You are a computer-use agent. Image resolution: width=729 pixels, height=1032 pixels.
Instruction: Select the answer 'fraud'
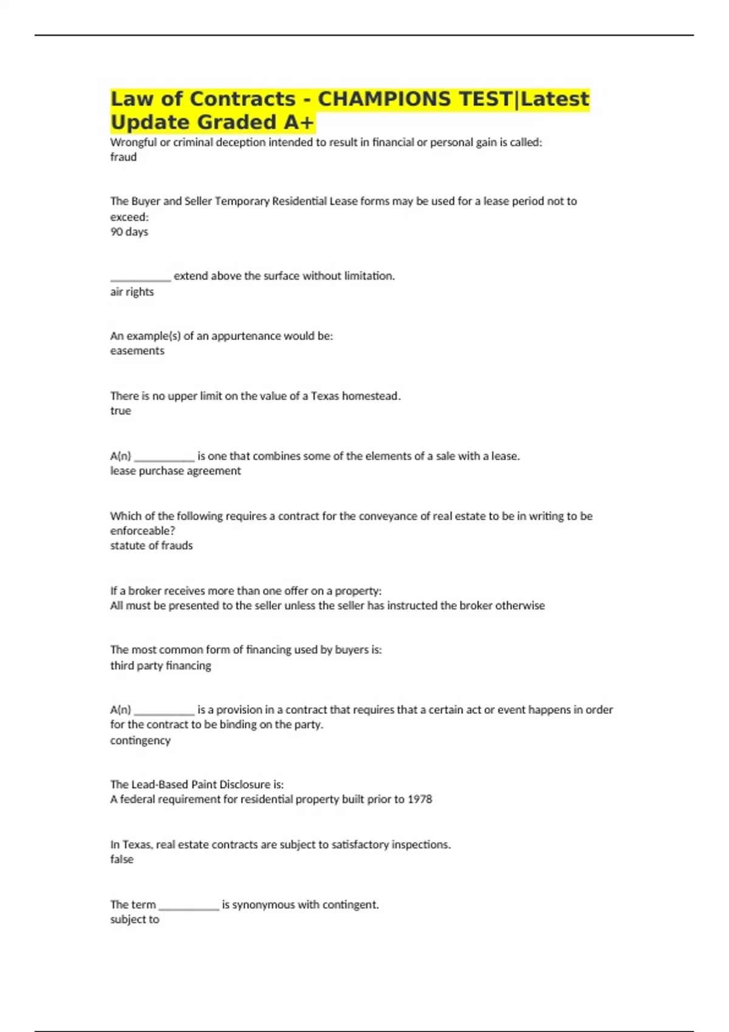[x=123, y=157]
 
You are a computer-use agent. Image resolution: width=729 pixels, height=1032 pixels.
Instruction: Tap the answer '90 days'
[x=129, y=232]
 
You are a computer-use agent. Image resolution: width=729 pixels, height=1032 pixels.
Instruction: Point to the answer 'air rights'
[x=132, y=292]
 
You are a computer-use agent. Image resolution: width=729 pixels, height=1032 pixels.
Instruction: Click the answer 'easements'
[x=137, y=351]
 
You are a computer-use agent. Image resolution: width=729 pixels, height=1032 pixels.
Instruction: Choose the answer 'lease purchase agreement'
[x=175, y=471]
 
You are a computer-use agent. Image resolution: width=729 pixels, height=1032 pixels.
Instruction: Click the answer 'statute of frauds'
[x=151, y=546]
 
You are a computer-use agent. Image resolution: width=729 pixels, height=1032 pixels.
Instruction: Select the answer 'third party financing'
[x=160, y=666]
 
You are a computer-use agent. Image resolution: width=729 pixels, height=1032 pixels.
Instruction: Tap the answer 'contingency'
[x=140, y=741]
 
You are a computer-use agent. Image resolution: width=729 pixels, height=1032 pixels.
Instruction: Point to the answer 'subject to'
[x=134, y=920]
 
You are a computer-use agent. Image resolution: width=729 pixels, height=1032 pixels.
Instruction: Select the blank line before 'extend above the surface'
[x=140, y=279]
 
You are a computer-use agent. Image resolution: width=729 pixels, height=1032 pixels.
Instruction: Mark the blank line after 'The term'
[x=188, y=908]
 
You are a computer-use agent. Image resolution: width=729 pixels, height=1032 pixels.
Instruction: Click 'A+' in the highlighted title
[x=298, y=123]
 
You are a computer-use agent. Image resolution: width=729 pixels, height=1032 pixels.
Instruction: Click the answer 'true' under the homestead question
[x=120, y=411]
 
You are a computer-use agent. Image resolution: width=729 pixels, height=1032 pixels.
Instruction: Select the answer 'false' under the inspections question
[x=122, y=860]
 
